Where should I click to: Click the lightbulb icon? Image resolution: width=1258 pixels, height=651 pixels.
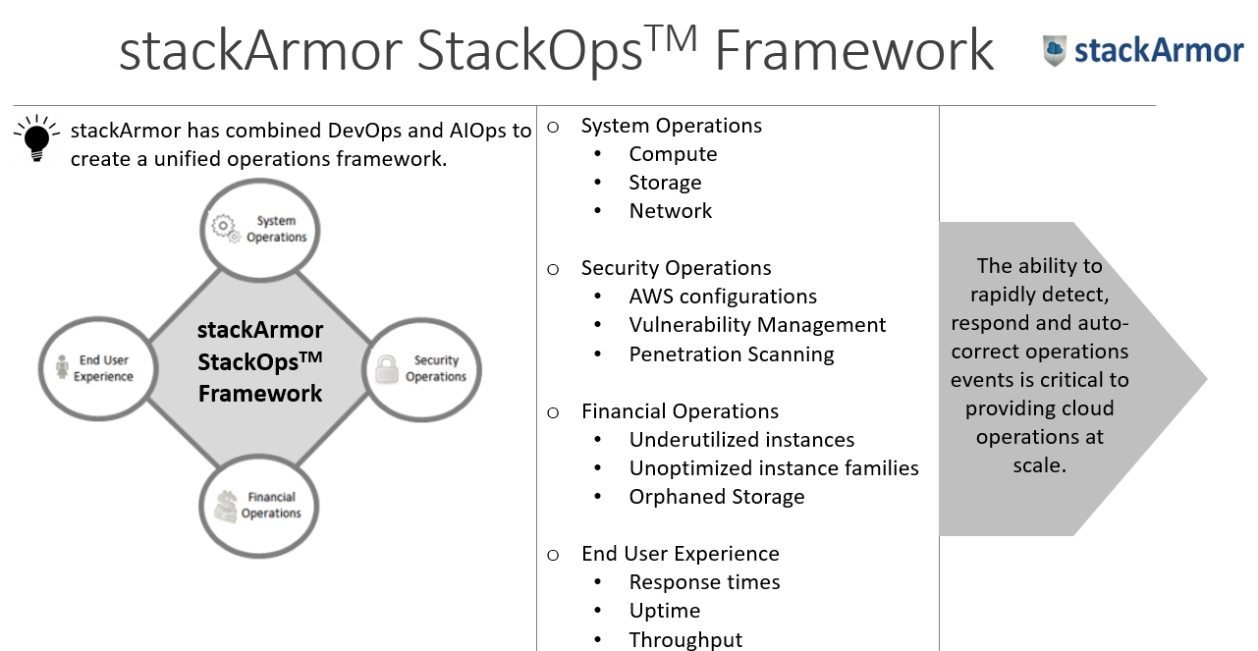[x=37, y=138]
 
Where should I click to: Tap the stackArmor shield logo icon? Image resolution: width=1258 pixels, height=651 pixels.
[x=1055, y=51]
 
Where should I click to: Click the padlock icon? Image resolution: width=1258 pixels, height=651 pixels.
[x=386, y=369]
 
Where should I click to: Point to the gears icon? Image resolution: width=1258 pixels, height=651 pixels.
[x=226, y=229]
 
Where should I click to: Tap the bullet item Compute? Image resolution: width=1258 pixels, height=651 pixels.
[x=673, y=154]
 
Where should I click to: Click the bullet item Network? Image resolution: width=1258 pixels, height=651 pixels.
[x=670, y=211]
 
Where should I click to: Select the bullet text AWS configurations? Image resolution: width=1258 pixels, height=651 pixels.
[x=723, y=297]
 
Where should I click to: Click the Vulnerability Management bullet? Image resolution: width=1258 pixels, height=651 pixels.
[x=757, y=325]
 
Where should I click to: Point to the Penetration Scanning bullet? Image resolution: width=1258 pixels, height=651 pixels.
[x=732, y=354]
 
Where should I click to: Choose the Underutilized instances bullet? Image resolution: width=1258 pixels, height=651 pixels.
[x=741, y=440]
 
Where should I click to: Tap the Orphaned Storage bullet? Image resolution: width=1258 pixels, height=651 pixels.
[x=717, y=497]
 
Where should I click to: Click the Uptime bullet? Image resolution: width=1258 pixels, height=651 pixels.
[x=665, y=611]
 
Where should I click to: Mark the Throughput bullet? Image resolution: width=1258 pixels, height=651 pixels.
[x=685, y=640]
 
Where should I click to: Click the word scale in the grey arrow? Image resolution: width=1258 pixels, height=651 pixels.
[x=1039, y=465]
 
